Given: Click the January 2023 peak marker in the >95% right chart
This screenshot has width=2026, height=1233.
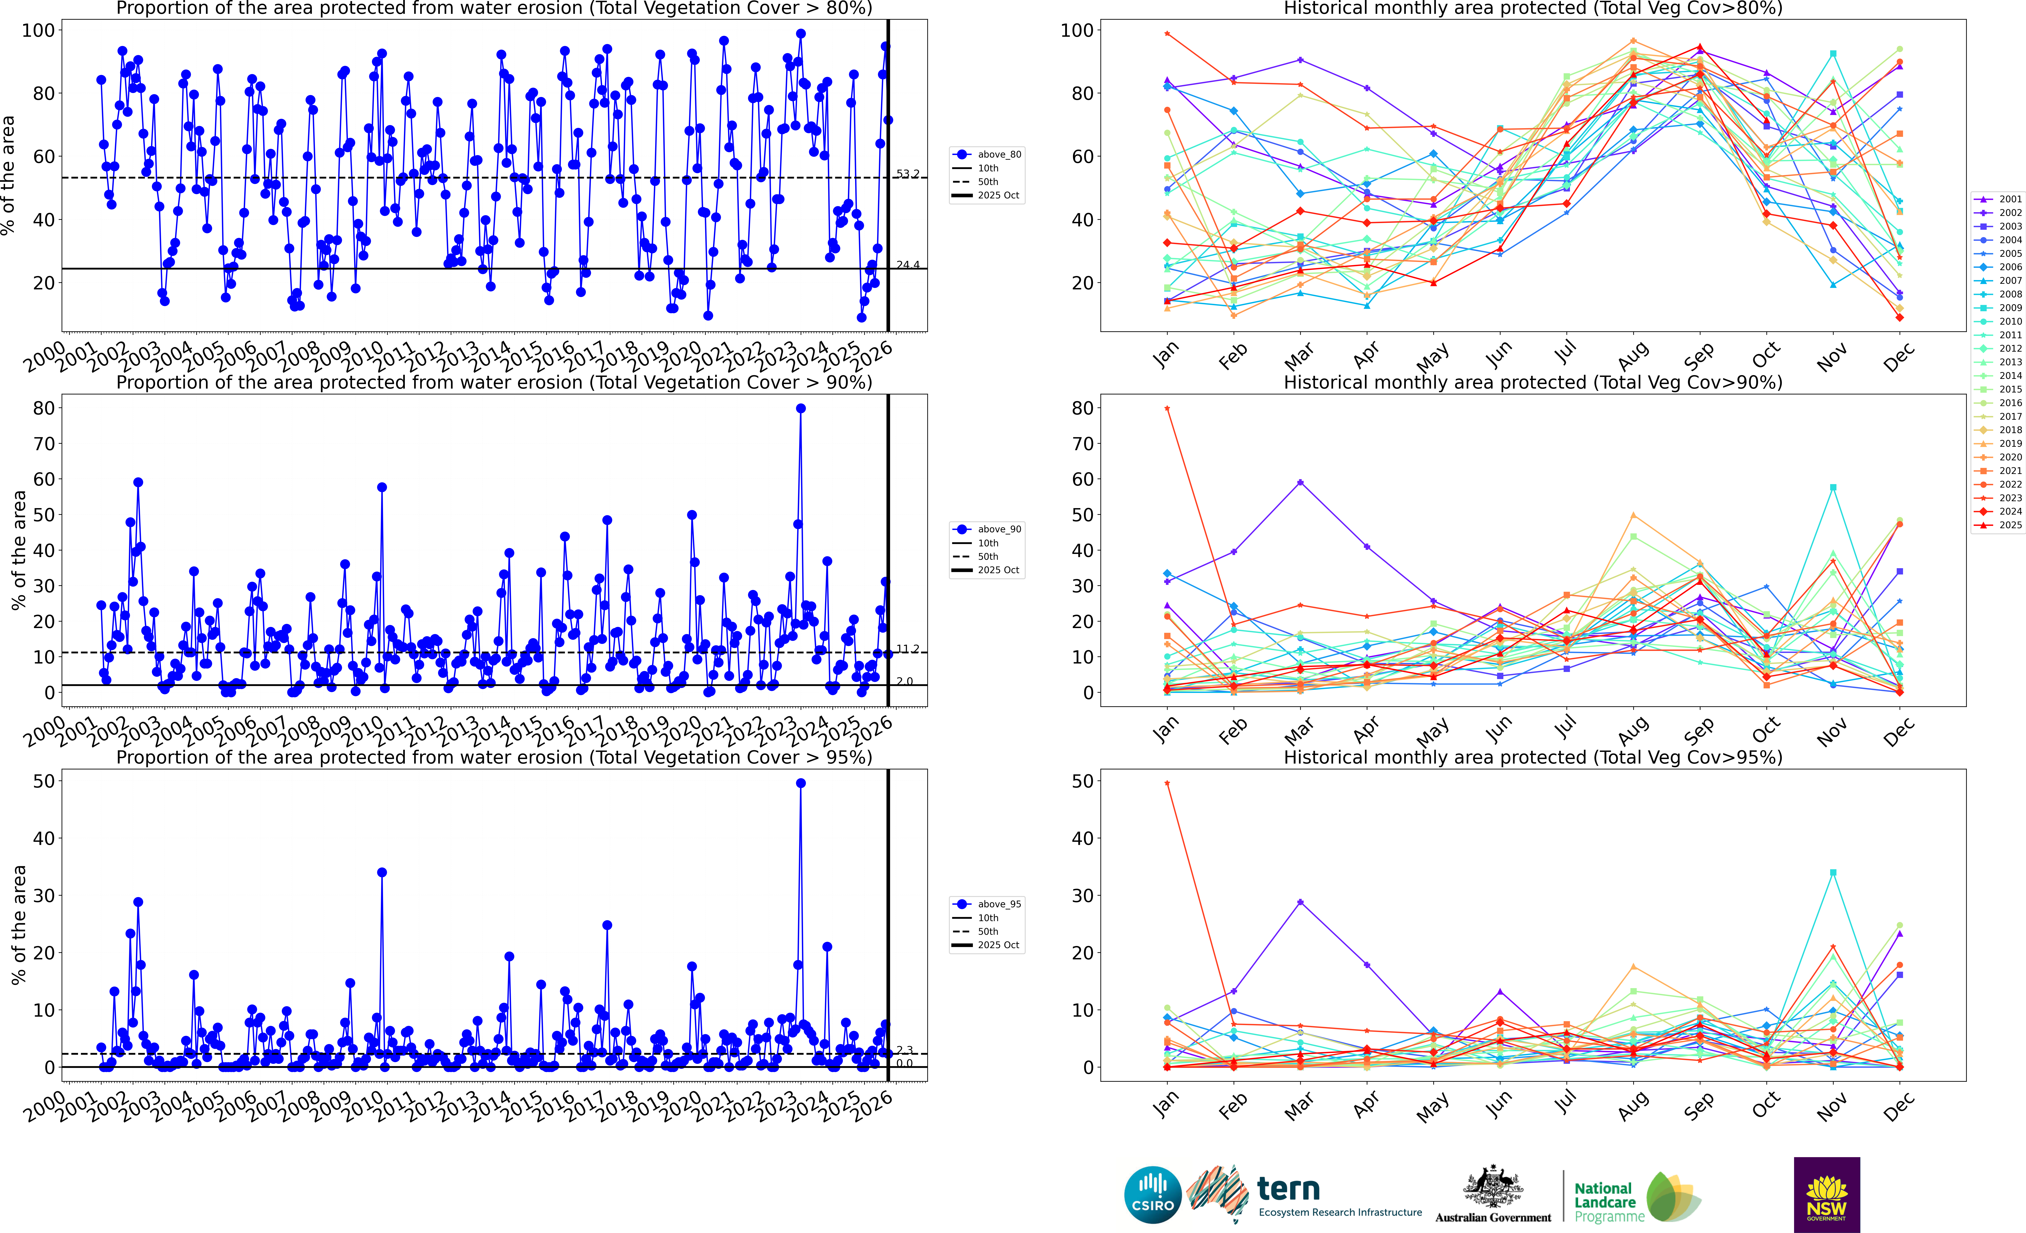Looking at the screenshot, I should pos(1167,783).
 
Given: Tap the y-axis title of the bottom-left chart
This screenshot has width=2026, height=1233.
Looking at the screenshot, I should pos(18,925).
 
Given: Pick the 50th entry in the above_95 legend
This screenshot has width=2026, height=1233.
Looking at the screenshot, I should pos(988,931).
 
